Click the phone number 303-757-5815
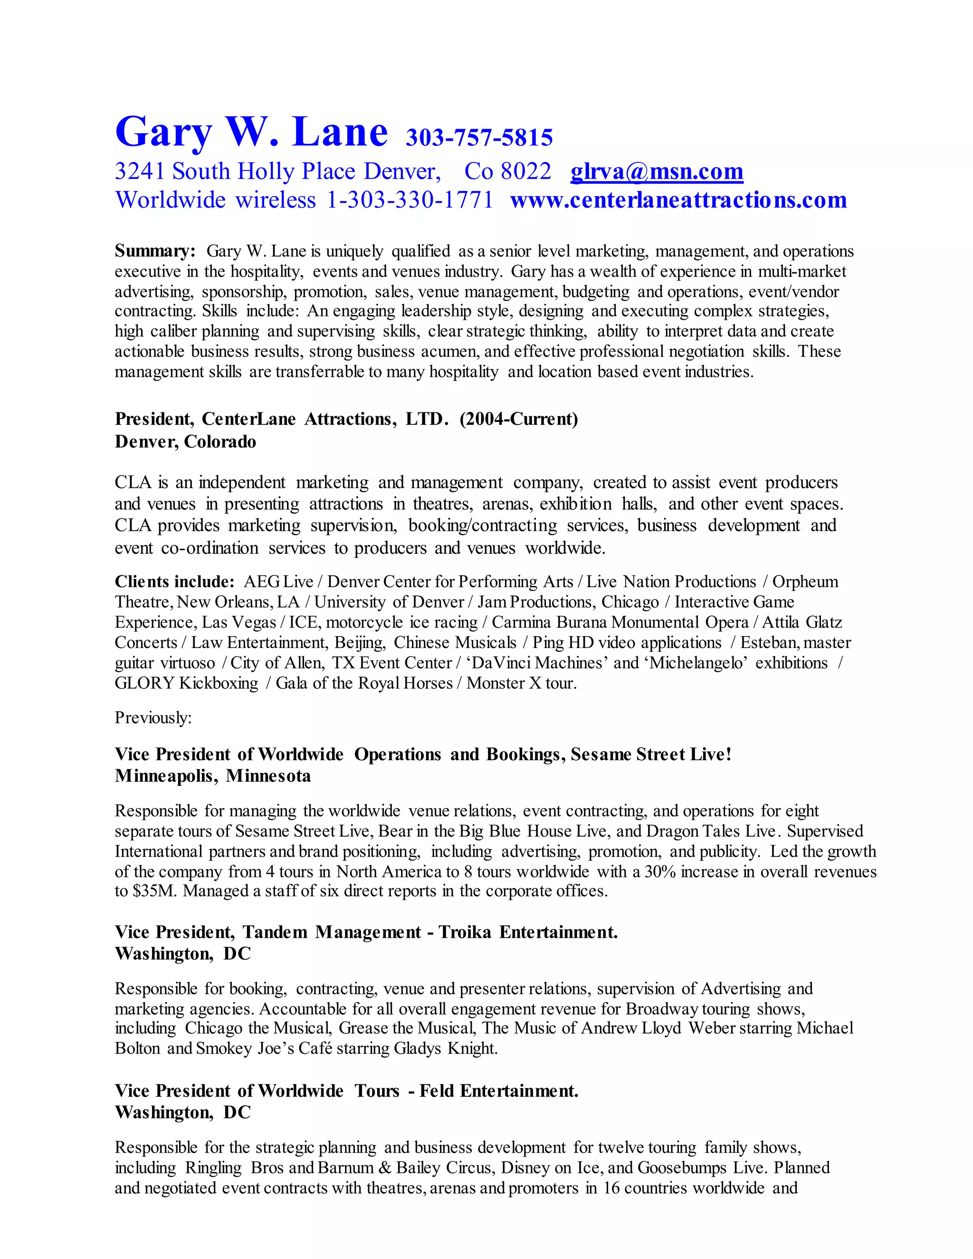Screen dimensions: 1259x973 pyautogui.click(x=479, y=137)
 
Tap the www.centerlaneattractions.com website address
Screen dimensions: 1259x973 pyautogui.click(x=678, y=200)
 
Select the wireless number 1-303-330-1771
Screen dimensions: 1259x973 pyautogui.click(x=410, y=200)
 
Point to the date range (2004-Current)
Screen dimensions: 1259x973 pyautogui.click(x=519, y=419)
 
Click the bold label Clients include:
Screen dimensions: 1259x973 pyautogui.click(x=174, y=581)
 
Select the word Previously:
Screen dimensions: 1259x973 pyautogui.click(x=153, y=718)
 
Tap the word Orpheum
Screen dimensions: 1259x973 pyautogui.click(x=805, y=582)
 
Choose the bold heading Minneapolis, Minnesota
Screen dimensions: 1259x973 pyautogui.click(x=213, y=776)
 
